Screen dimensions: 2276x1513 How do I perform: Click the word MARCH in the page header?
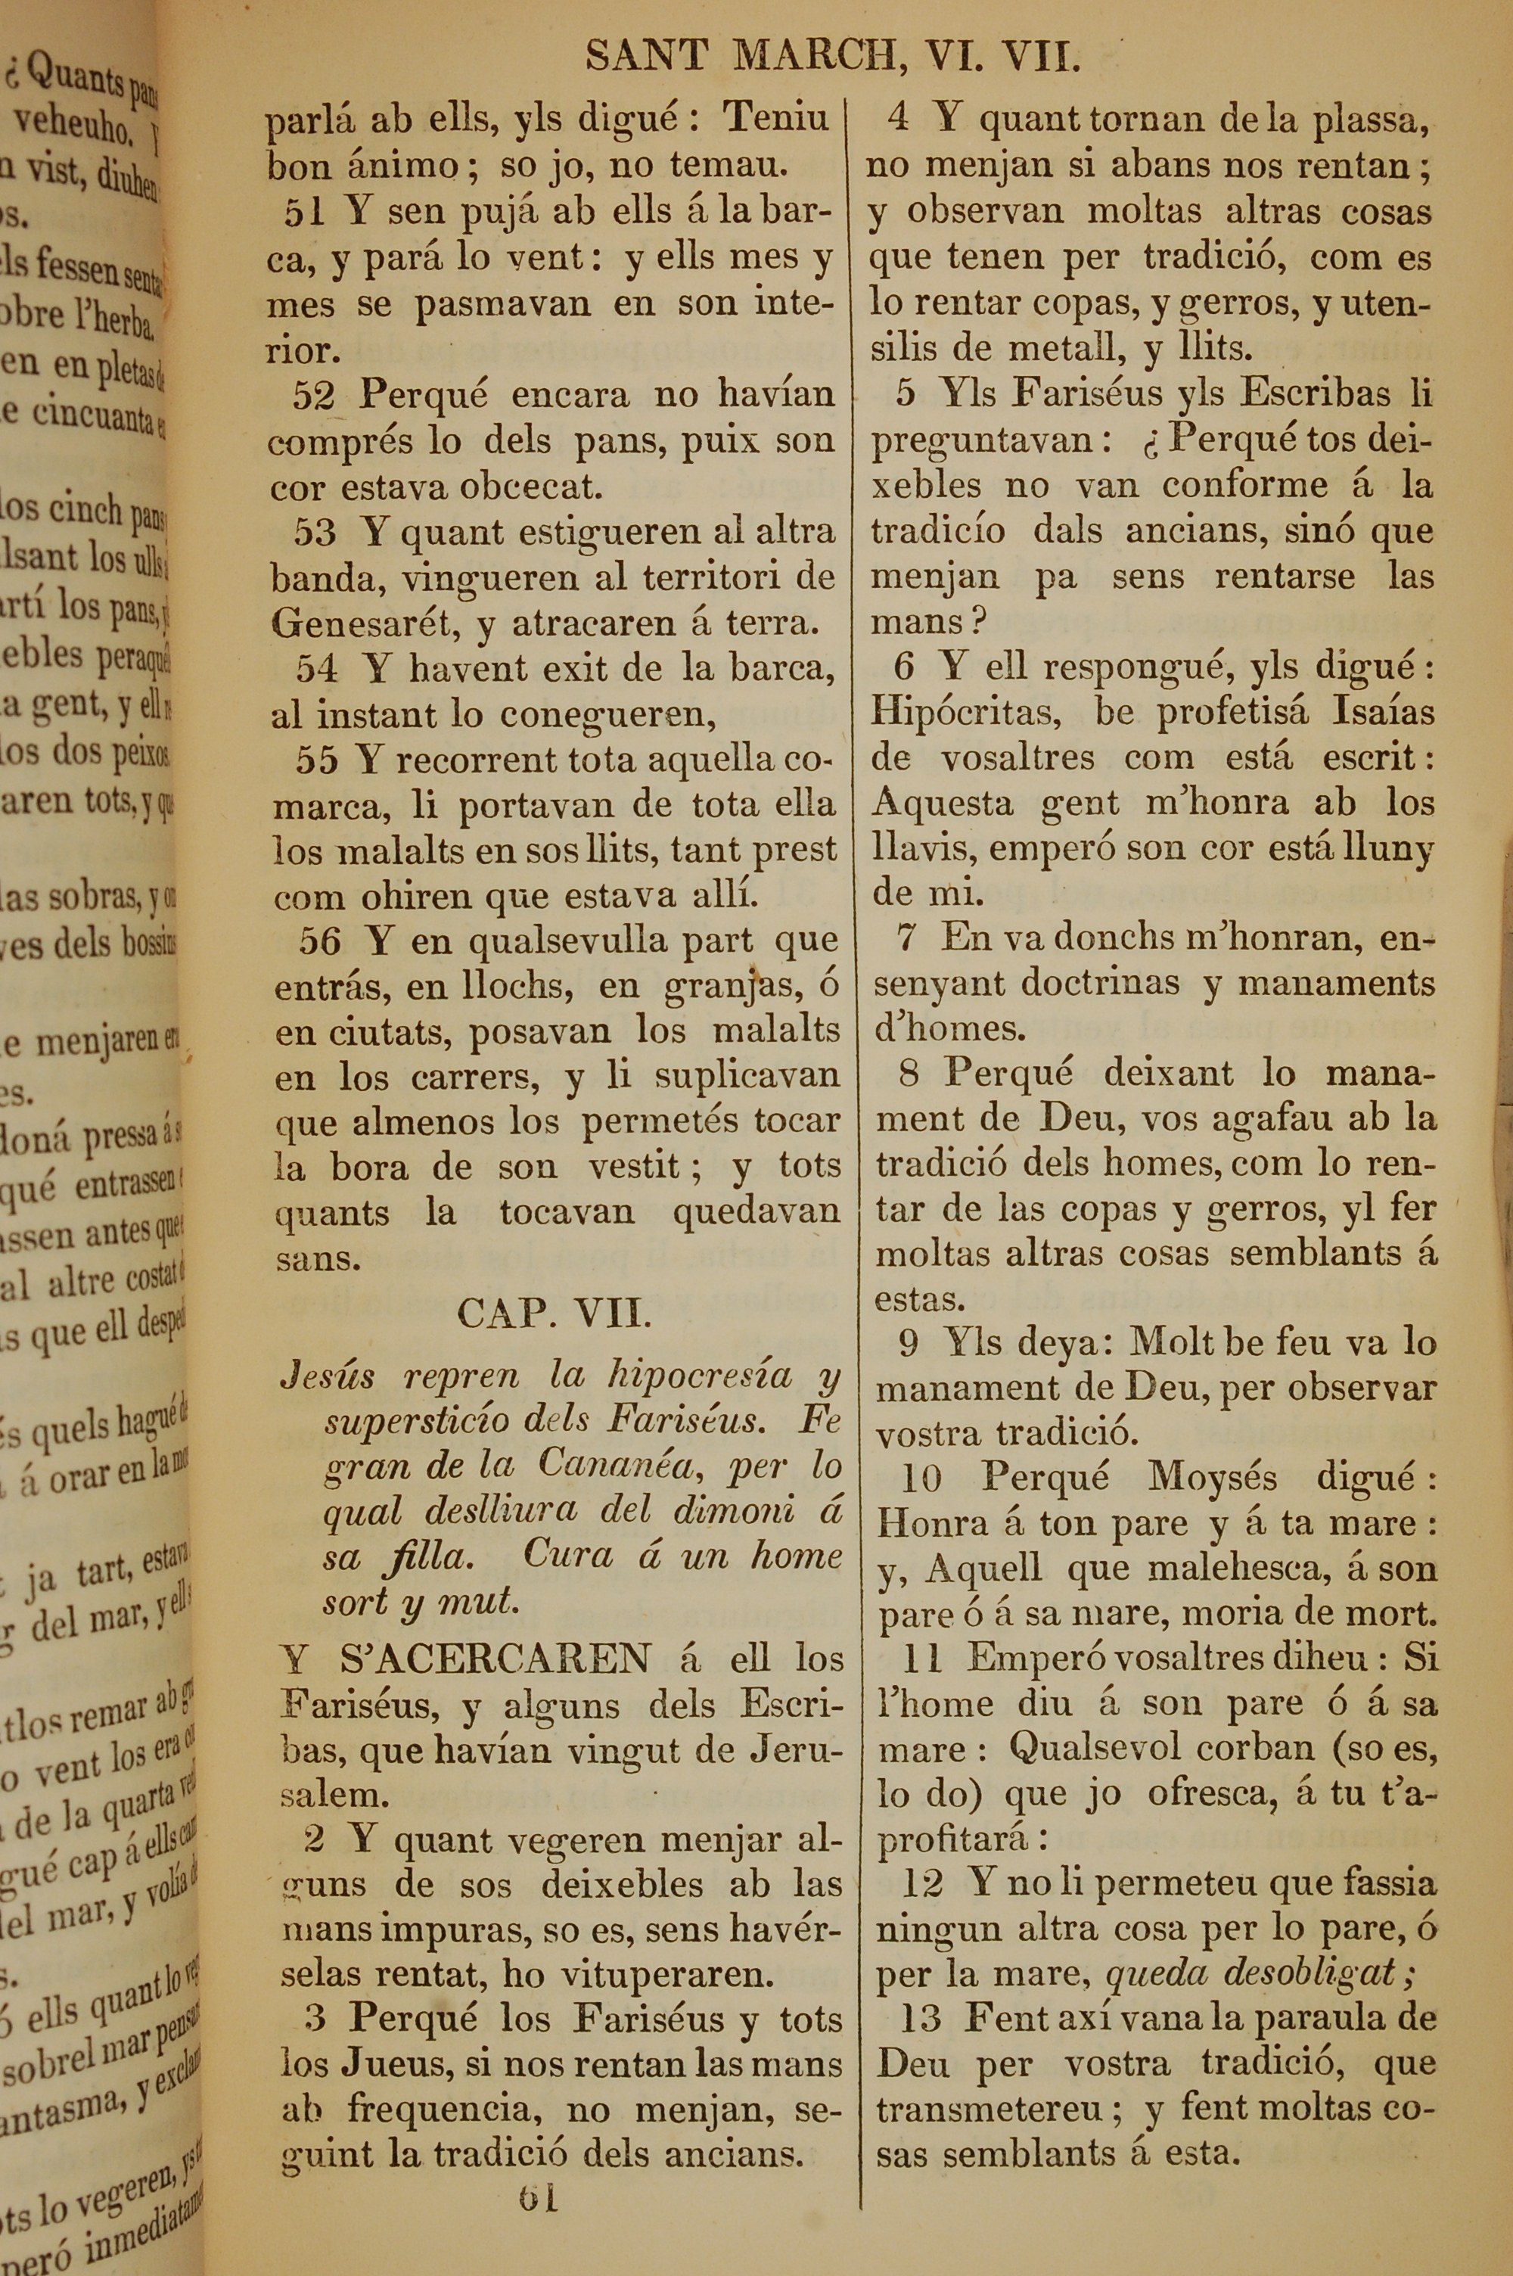pyautogui.click(x=813, y=58)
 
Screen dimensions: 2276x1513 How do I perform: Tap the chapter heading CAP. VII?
pyautogui.click(x=555, y=1314)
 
